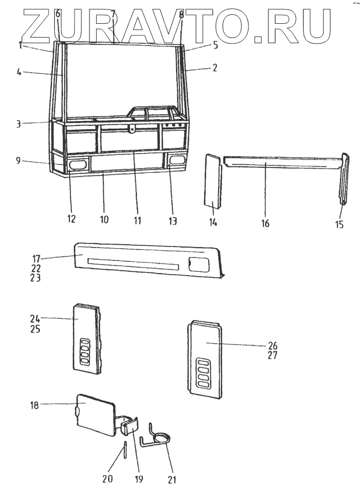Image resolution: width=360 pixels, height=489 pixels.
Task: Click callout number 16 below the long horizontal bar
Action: [x=266, y=224]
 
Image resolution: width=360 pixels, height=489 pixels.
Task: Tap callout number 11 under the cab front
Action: [x=137, y=220]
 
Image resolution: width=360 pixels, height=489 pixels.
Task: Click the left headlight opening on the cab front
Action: [x=77, y=164]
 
